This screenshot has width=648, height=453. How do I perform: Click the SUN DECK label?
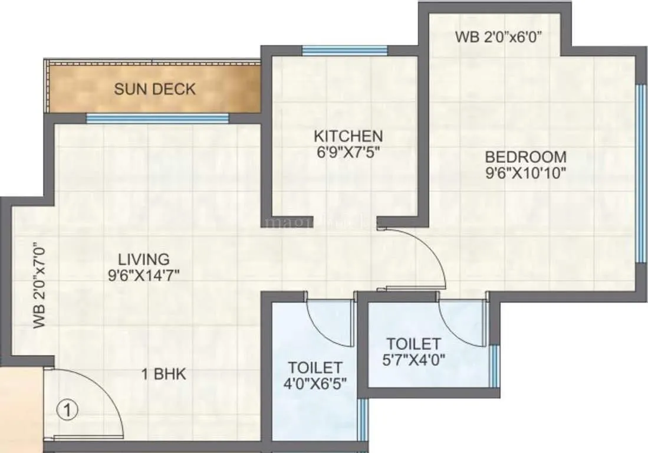(x=154, y=90)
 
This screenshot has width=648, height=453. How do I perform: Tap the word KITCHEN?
(x=348, y=136)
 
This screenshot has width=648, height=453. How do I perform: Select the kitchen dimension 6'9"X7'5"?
(x=348, y=152)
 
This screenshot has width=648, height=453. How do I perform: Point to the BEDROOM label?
(x=525, y=157)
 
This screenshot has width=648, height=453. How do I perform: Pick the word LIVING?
(x=143, y=258)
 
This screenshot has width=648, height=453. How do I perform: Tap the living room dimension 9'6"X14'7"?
(x=143, y=274)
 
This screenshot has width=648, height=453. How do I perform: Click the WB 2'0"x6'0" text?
(x=499, y=37)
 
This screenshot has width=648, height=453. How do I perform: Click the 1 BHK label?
(x=163, y=374)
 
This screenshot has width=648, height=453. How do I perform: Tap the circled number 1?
(x=68, y=409)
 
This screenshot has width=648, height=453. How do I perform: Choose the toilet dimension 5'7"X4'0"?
(x=413, y=359)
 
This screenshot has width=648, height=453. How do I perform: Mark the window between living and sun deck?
(x=157, y=119)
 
